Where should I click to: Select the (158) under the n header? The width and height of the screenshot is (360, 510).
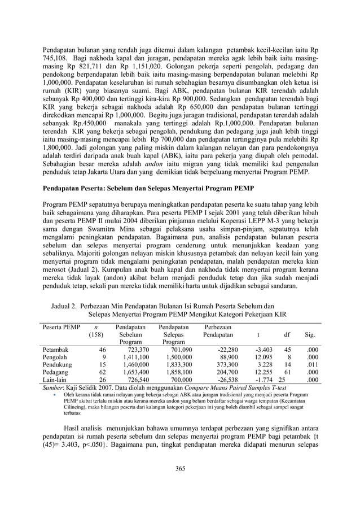coord(97,334)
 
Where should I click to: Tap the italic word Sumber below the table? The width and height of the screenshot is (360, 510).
coord(55,389)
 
